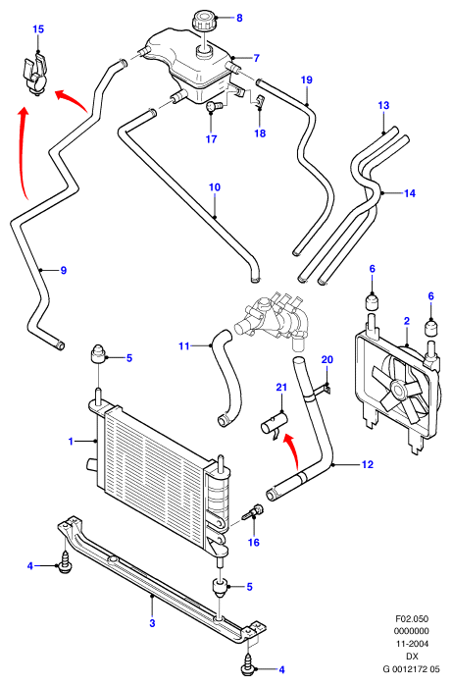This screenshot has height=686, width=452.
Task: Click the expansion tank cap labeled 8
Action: (203, 21)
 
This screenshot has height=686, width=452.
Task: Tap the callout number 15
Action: (38, 29)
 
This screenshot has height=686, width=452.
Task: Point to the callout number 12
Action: (368, 464)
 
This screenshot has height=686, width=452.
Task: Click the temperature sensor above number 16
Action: (254, 511)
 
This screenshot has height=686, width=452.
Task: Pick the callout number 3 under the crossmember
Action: (152, 623)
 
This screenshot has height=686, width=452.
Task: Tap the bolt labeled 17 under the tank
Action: (214, 105)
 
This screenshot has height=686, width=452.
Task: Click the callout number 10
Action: (214, 187)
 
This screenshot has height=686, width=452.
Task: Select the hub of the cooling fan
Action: (398, 389)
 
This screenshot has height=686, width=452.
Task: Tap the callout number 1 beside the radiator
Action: (71, 441)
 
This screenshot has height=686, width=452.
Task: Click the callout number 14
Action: (410, 193)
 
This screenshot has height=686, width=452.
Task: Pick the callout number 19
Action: (307, 79)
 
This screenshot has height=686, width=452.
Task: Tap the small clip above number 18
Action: (260, 101)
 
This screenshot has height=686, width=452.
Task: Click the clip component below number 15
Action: (34, 74)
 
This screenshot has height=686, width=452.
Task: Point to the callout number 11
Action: (184, 346)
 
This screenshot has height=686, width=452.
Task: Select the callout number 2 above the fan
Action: (407, 321)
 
